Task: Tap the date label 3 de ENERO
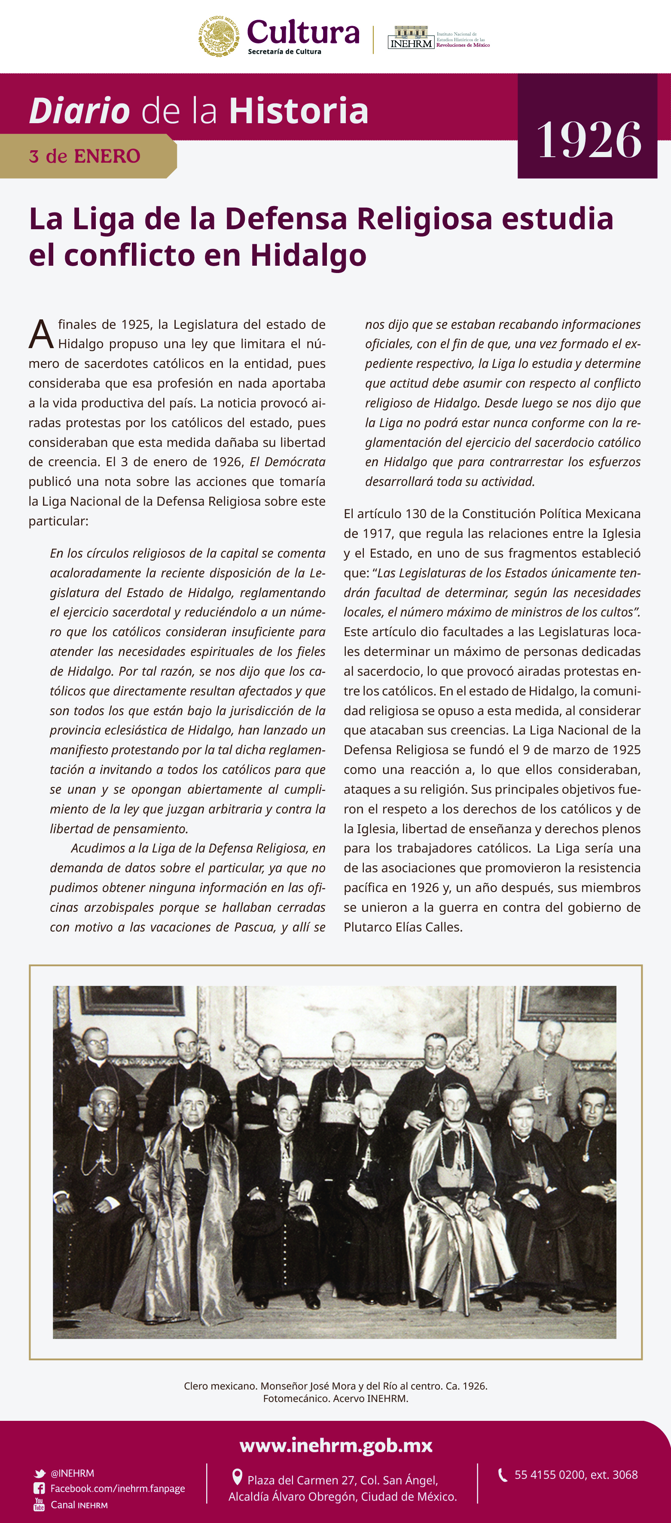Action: (84, 156)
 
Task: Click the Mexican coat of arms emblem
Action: (219, 36)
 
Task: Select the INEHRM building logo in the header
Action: (411, 37)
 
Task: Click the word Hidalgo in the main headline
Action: (308, 255)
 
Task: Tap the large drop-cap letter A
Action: (41, 335)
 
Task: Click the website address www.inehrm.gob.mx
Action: (335, 1446)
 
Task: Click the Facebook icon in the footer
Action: (39, 1489)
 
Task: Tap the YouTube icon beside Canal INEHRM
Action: (39, 1505)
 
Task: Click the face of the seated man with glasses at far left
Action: (104, 1106)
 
